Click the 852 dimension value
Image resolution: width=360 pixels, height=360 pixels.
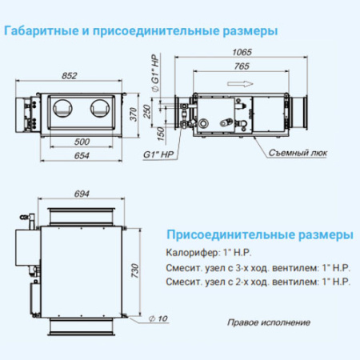(x=70, y=76)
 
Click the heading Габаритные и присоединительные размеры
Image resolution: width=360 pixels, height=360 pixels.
(x=141, y=32)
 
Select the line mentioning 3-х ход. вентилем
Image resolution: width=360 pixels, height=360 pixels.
(x=256, y=268)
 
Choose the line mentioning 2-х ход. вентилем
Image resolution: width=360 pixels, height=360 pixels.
(x=256, y=282)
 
